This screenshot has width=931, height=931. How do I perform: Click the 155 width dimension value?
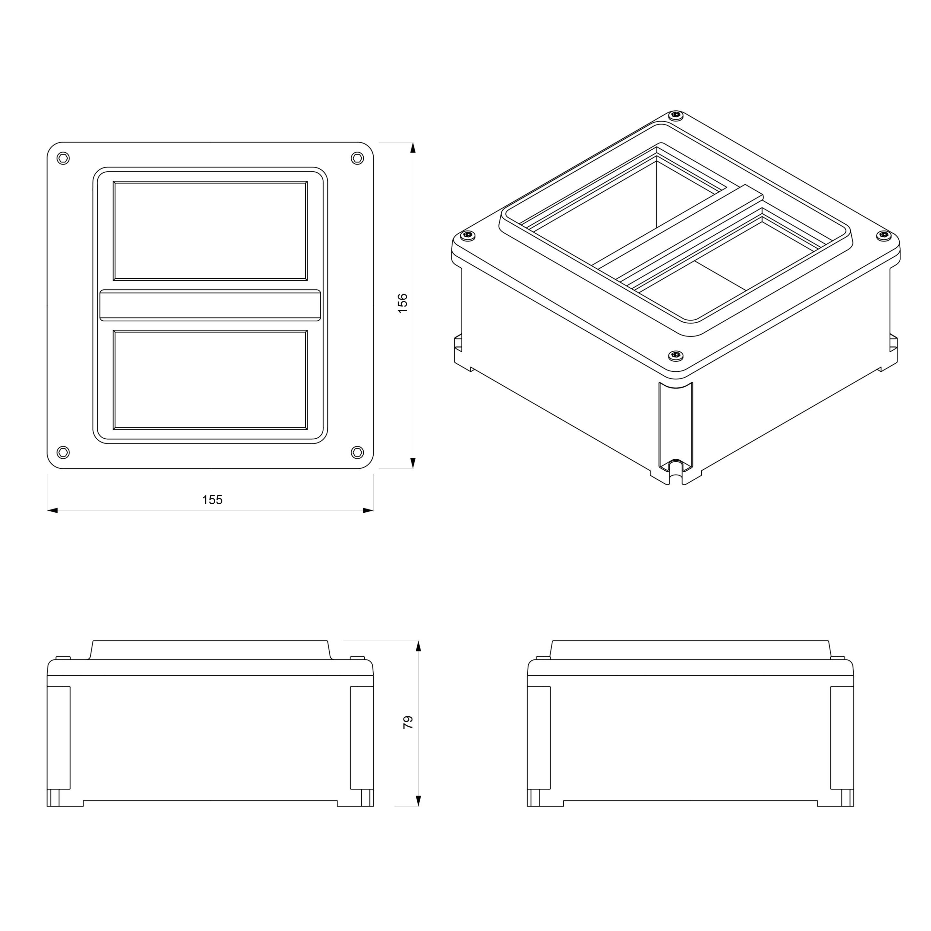[x=212, y=500]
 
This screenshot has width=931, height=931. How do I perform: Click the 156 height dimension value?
[x=403, y=303]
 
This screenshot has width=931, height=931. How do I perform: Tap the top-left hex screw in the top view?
[x=63, y=158]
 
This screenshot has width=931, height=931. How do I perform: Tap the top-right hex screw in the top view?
[x=357, y=158]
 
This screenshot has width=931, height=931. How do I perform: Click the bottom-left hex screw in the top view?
[x=63, y=452]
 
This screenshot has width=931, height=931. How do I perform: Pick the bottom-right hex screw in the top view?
[x=357, y=452]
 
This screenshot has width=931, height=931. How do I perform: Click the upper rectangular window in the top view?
[x=210, y=230]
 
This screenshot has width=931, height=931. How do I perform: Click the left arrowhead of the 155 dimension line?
[x=52, y=510]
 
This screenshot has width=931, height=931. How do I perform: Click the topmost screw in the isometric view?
[x=677, y=115]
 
